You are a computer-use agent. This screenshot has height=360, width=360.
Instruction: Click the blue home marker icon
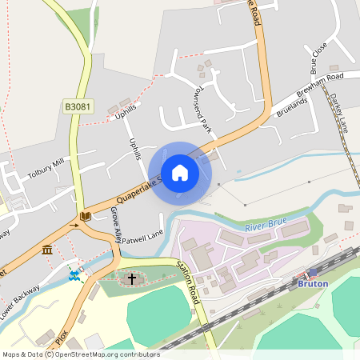click(x=180, y=172)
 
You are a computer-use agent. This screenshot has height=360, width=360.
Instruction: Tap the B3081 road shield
click(x=78, y=106)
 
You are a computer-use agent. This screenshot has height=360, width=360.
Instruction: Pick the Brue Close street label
click(x=318, y=58)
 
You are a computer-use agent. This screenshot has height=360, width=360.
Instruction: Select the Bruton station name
click(x=313, y=283)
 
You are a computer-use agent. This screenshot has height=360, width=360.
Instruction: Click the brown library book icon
click(x=85, y=216)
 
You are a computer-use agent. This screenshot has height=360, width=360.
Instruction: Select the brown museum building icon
click(x=47, y=250)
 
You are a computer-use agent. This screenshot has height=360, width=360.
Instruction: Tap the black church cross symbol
click(x=132, y=279)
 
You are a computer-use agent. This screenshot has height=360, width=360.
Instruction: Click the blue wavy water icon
click(x=74, y=275)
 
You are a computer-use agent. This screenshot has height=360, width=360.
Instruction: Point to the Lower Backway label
click(x=20, y=298)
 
